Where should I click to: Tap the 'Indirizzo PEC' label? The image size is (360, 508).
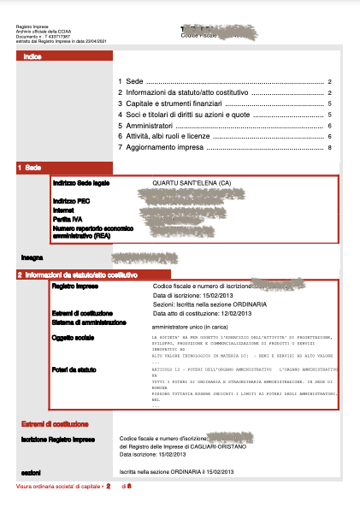(70, 199)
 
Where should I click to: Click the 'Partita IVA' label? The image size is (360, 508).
(68, 219)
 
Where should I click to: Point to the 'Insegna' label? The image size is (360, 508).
(32, 256)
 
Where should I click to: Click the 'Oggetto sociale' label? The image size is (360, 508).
(74, 339)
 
